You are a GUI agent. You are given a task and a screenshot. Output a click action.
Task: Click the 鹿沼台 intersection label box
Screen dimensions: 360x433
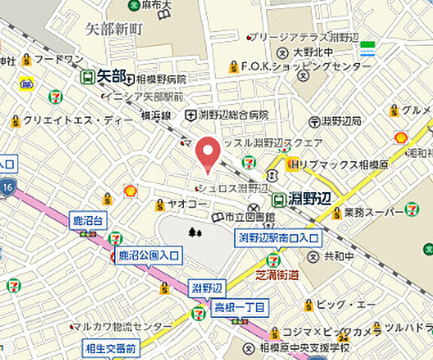click(x=89, y=220)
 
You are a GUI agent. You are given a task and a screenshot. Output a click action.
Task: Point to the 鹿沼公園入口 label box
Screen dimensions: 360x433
click(x=149, y=256)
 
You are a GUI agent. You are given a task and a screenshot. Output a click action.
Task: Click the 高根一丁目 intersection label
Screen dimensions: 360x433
click(x=239, y=307)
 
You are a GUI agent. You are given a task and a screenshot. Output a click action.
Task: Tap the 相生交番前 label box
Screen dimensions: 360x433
click(x=110, y=348)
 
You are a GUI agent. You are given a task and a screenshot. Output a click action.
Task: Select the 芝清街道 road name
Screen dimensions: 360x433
click(x=277, y=274)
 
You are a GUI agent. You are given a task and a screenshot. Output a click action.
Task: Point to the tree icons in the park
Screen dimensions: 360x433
click(x=196, y=232)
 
